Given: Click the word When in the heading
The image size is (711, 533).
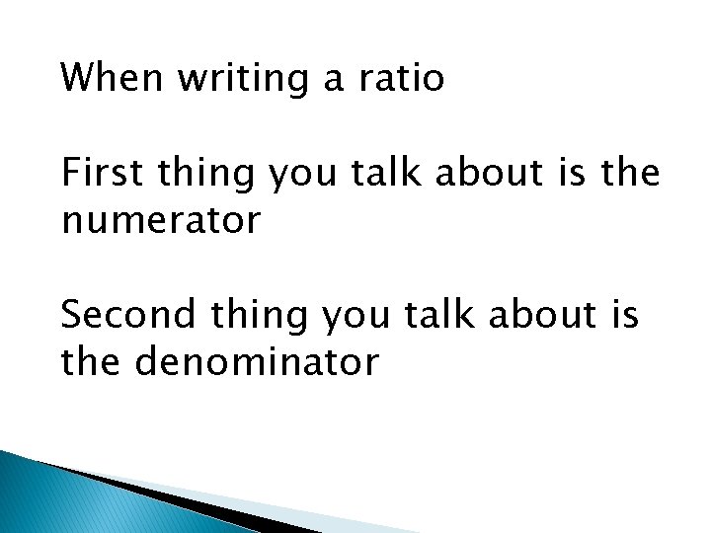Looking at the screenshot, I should pos(111,78).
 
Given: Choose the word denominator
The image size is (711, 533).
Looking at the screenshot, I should pos(256,362).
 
